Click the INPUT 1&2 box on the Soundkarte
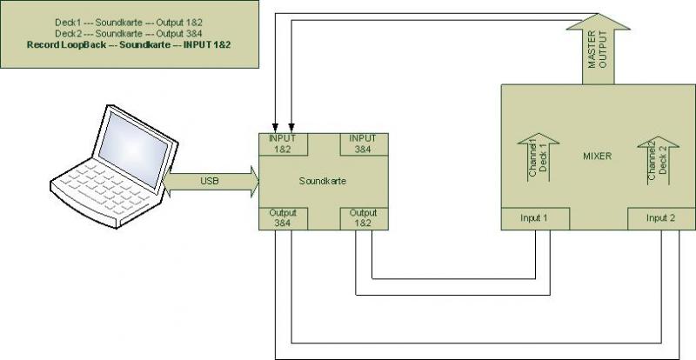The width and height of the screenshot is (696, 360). (284, 144)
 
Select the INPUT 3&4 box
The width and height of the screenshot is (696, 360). (365, 144)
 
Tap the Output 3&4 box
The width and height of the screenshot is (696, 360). (284, 218)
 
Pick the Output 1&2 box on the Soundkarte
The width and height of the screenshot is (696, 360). (365, 218)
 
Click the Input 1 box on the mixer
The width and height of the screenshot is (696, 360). (535, 218)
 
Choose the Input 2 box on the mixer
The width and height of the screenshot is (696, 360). (661, 218)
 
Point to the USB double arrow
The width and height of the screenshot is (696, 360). (211, 182)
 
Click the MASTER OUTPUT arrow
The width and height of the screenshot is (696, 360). (598, 49)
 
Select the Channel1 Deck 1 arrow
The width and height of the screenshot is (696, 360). (538, 157)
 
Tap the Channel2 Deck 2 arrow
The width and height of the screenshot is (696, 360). (659, 160)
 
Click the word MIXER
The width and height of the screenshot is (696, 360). (597, 157)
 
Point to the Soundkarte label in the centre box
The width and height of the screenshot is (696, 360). (323, 181)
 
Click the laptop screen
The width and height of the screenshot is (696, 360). (134, 149)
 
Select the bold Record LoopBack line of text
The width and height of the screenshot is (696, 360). (129, 45)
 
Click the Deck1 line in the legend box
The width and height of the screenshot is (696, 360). (129, 23)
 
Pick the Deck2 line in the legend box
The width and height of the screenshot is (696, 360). (129, 33)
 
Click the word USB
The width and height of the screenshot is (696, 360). (210, 182)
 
